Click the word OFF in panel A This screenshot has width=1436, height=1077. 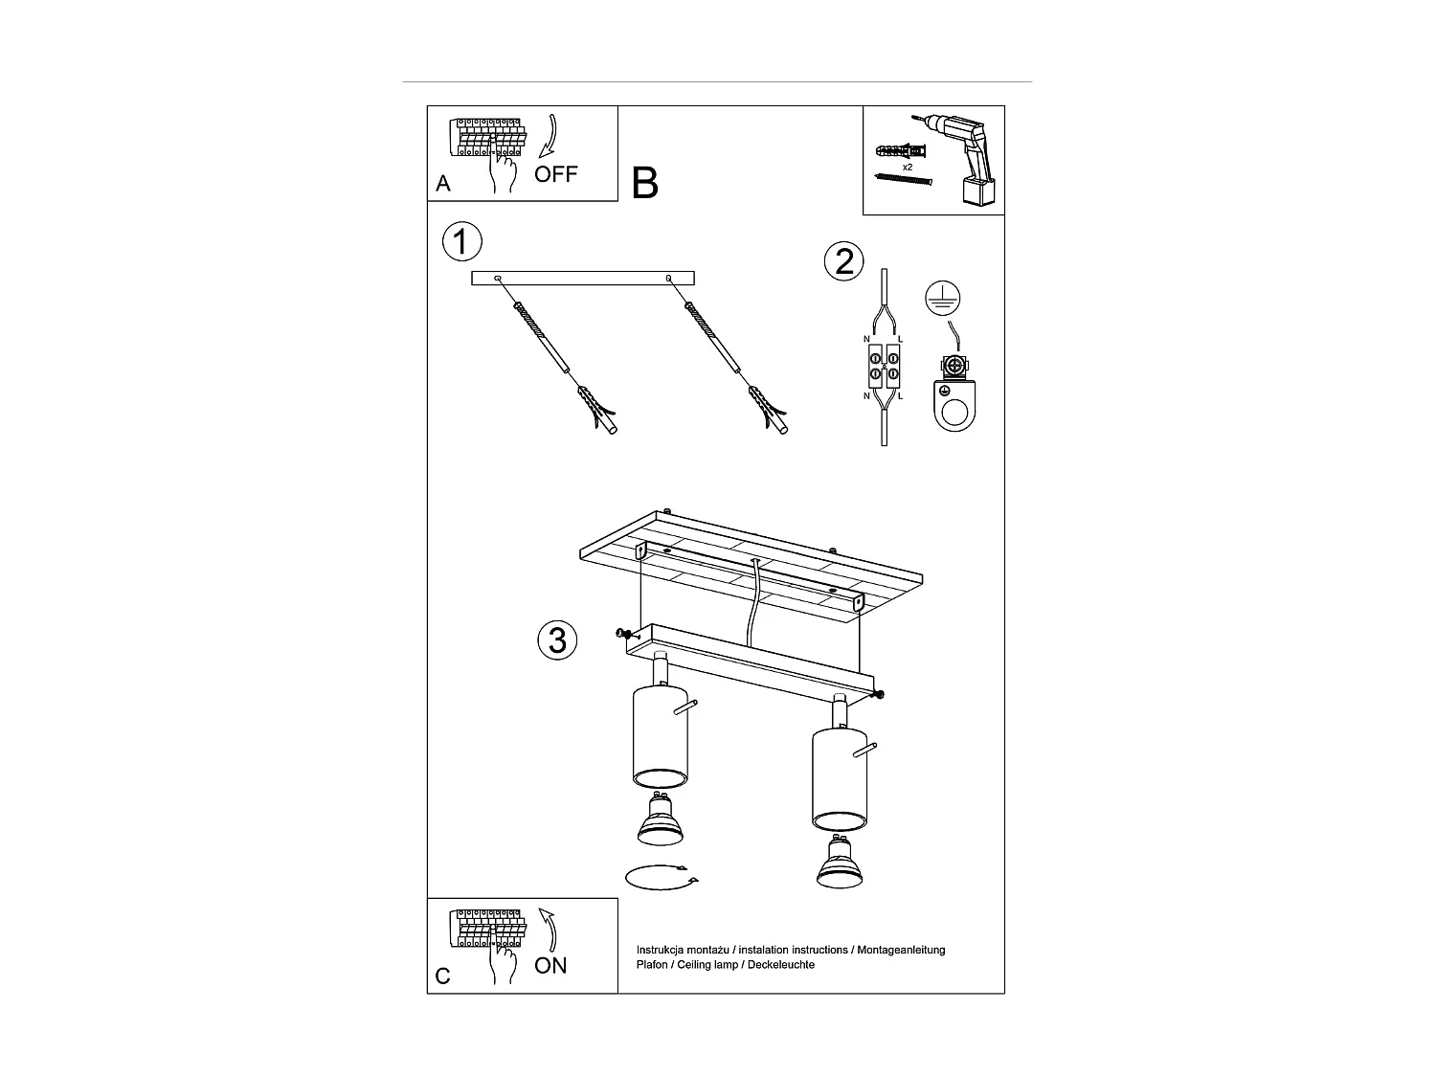(556, 174)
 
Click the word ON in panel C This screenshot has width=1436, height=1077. (550, 965)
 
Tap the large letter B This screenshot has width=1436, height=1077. (645, 182)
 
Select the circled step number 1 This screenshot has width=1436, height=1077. (461, 242)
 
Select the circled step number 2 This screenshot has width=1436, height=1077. (844, 260)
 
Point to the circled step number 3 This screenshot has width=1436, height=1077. (557, 639)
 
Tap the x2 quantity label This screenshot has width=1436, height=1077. (907, 167)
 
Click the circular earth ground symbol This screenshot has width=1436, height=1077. (942, 300)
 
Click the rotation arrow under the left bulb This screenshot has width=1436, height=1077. (661, 876)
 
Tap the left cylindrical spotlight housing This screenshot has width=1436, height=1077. (660, 732)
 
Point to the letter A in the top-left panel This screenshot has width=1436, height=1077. (443, 184)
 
